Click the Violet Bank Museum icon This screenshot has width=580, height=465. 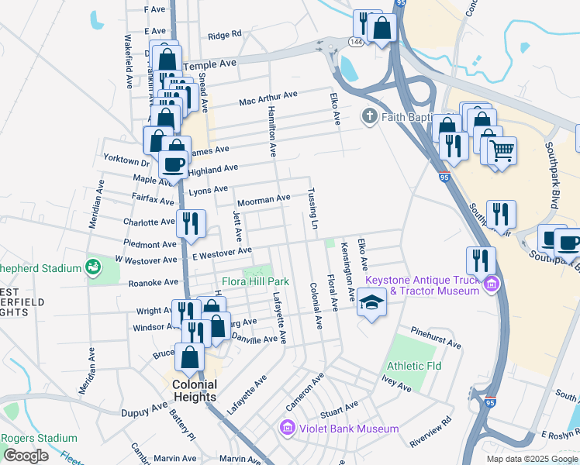click(287, 429)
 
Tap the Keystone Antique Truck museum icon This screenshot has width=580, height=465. click(490, 286)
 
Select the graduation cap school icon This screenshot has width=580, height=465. click(372, 302)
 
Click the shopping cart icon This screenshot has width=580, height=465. click(502, 149)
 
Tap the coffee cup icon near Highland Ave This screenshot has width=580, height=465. click(173, 164)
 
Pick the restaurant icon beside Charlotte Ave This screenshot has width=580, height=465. click(191, 223)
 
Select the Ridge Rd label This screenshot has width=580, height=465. click(225, 35)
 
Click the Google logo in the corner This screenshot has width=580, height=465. click(26, 456)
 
